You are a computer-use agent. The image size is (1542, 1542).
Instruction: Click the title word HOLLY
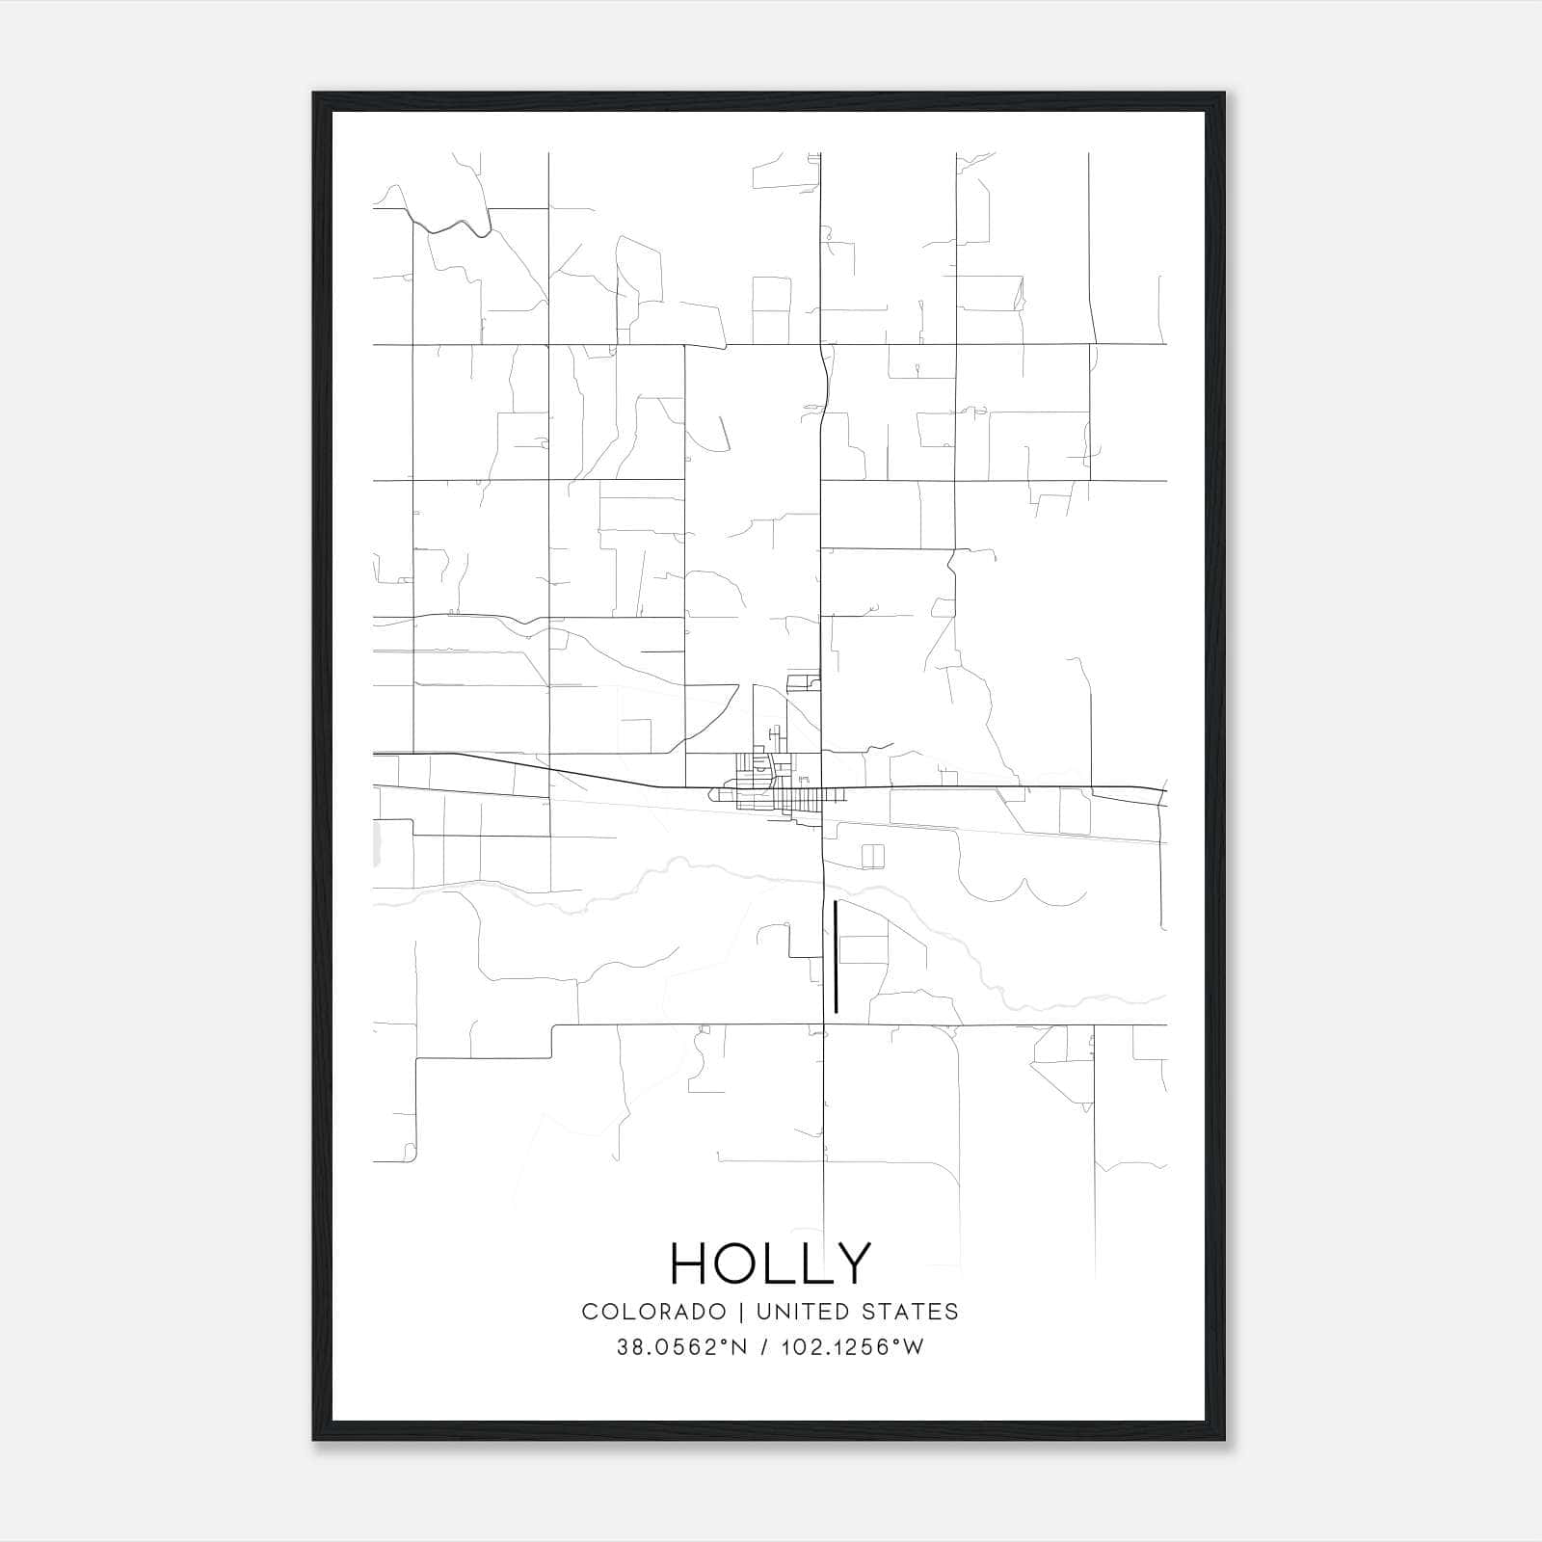[770, 1263]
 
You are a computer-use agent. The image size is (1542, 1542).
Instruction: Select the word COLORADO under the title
[653, 1311]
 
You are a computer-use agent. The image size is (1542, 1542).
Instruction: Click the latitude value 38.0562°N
[681, 1347]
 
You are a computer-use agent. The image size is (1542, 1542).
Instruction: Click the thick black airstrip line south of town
[836, 957]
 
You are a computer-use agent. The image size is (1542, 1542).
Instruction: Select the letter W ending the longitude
[915, 1347]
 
